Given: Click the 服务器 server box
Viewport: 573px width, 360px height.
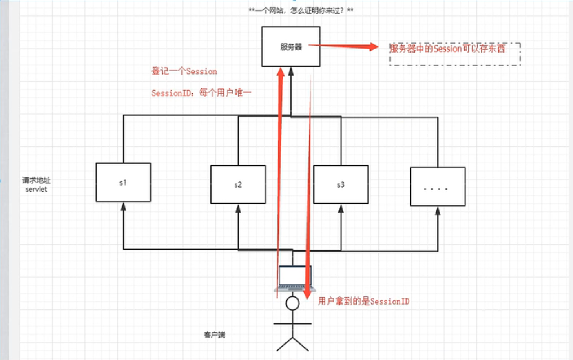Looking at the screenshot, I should (x=290, y=46).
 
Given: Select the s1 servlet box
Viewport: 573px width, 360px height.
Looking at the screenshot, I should (x=123, y=182).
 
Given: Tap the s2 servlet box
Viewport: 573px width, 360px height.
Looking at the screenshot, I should (x=238, y=184).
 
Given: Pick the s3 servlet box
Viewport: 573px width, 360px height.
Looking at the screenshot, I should (x=341, y=184).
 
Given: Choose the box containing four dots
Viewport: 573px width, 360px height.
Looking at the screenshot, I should (x=437, y=187).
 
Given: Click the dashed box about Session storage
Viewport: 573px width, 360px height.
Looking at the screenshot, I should (x=455, y=54).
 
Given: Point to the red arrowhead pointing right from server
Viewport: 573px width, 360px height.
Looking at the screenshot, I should (x=373, y=47).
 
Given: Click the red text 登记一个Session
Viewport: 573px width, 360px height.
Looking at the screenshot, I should (x=184, y=71).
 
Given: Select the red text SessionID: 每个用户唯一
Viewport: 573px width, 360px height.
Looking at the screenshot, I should (x=201, y=93).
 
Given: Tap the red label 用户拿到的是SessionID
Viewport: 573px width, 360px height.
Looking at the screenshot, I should (x=363, y=301).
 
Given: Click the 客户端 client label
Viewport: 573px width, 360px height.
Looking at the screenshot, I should (x=215, y=335).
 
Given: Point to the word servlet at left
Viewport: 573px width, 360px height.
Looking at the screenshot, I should (x=36, y=190).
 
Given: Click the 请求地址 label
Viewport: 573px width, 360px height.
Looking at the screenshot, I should (x=36, y=180).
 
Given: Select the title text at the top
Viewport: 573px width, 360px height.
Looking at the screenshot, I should (x=301, y=11).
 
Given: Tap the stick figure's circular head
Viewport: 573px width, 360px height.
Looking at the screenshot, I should (x=292, y=303).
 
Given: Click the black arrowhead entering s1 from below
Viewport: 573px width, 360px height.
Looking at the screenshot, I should (x=123, y=207).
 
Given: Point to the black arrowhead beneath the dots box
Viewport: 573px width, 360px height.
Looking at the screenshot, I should (x=438, y=211).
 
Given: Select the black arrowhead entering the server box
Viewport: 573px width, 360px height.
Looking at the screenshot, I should (x=291, y=72).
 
